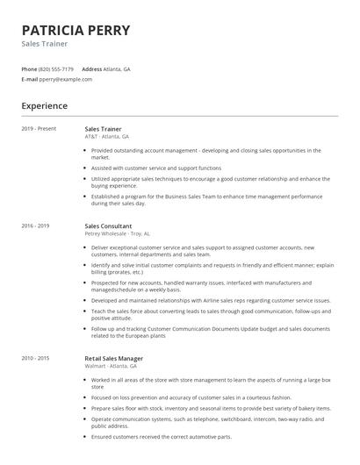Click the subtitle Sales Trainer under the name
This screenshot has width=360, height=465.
(44, 43)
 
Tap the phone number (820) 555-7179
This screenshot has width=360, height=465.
(57, 68)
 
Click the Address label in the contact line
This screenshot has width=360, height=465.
(91, 68)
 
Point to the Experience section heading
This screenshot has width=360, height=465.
(44, 106)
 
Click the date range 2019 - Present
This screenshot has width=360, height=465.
(39, 129)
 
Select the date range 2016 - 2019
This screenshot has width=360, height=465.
(36, 225)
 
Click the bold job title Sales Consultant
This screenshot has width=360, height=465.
(110, 225)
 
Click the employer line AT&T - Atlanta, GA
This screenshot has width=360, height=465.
(106, 137)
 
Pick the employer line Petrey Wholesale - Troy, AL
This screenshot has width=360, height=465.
(118, 233)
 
